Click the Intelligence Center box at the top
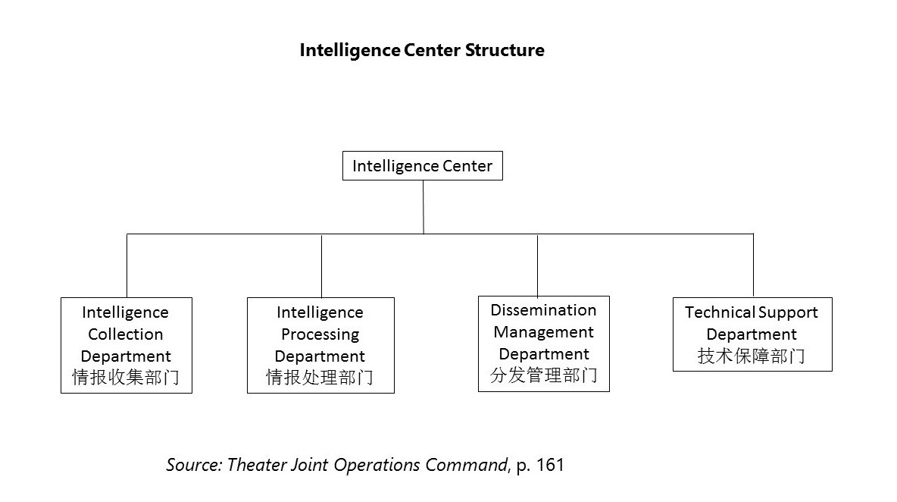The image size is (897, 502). [x=422, y=166]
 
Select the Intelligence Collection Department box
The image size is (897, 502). [x=126, y=345]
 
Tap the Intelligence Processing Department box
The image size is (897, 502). [x=320, y=345]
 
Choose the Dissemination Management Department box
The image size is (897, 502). [x=543, y=344]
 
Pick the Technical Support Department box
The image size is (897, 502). [x=752, y=334]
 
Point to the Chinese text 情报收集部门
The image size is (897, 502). [x=126, y=378]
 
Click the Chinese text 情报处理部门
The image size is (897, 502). [x=320, y=378]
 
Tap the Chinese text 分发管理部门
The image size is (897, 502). [x=543, y=375]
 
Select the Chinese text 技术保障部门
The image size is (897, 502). [x=752, y=356]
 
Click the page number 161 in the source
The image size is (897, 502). [x=550, y=465]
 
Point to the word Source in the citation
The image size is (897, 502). [x=194, y=465]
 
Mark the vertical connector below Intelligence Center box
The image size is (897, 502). [x=423, y=206]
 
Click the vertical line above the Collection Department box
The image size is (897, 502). [x=127, y=265]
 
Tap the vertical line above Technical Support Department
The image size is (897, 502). [x=753, y=265]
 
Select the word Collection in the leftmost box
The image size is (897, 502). [x=126, y=334]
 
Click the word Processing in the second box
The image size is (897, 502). [x=320, y=334]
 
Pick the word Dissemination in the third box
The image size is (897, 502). [x=543, y=310]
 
